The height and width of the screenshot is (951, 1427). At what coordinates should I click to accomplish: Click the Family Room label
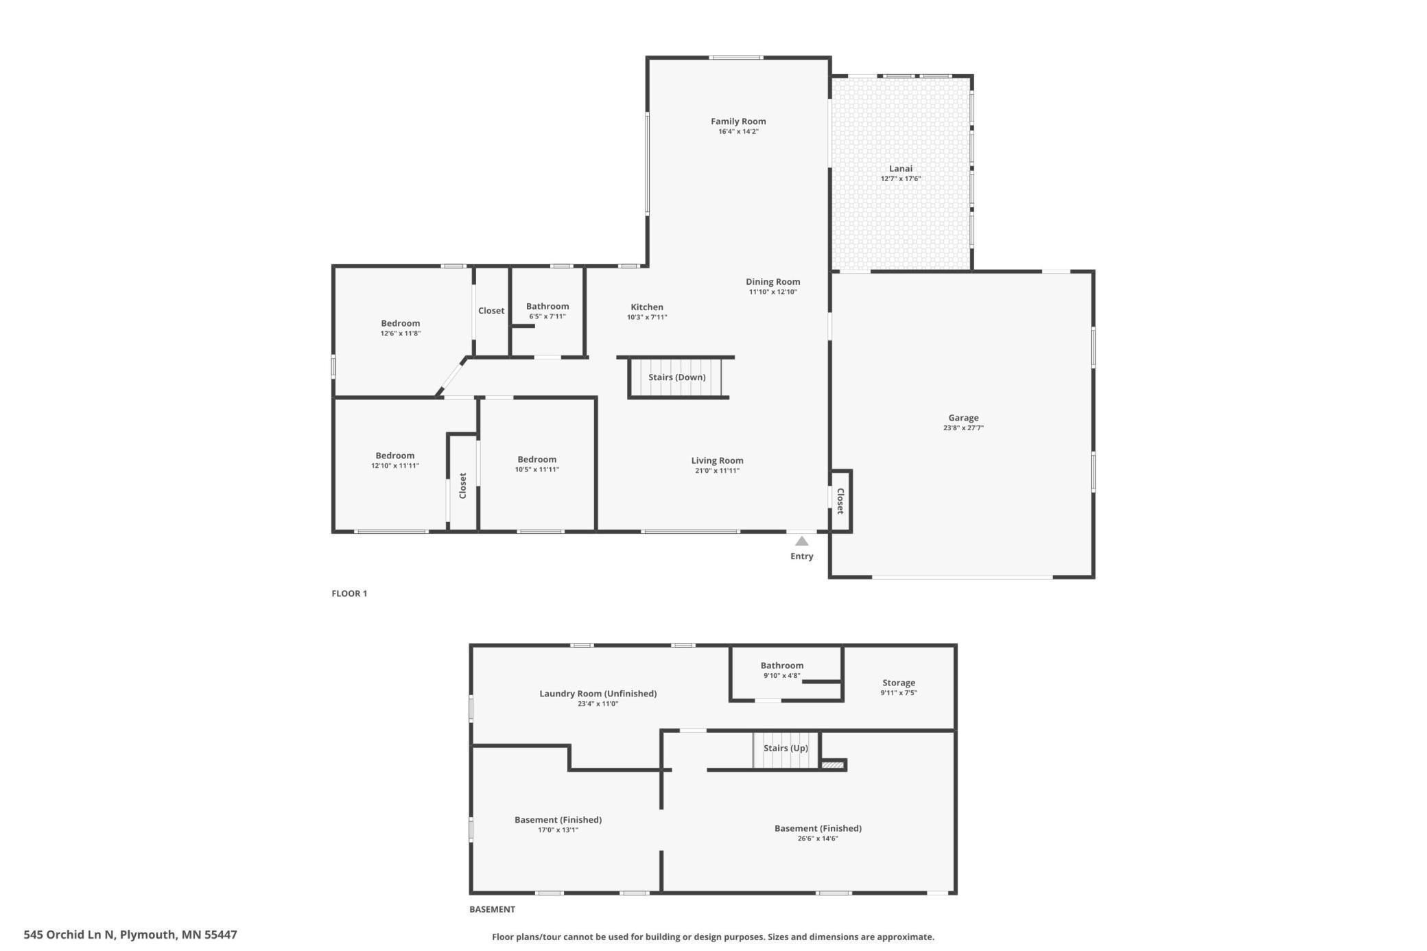(x=738, y=121)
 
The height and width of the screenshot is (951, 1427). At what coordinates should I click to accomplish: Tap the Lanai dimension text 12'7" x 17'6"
(x=901, y=179)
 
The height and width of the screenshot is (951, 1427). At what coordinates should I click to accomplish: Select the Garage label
(x=963, y=417)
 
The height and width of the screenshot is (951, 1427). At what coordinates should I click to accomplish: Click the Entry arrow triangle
(x=801, y=541)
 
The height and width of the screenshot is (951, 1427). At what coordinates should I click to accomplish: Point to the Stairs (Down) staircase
(x=676, y=377)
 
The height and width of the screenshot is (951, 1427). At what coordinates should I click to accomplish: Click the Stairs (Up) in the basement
(x=786, y=749)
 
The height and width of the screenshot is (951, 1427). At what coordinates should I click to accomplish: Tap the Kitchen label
(x=646, y=307)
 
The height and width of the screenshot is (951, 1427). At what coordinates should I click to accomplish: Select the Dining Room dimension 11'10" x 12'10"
(x=773, y=292)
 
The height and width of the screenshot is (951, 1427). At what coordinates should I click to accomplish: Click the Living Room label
(x=717, y=460)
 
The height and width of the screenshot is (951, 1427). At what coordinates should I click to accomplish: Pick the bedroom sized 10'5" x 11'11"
(x=536, y=465)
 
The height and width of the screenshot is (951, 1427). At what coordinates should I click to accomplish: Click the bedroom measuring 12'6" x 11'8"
(x=400, y=328)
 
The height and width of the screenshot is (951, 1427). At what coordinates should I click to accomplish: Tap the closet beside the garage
(x=840, y=501)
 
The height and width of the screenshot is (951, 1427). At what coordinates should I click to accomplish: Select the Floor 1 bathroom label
(x=547, y=307)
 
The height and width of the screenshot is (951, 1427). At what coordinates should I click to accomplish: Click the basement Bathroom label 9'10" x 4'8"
(x=781, y=666)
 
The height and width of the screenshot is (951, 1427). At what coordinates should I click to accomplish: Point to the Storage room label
(x=898, y=683)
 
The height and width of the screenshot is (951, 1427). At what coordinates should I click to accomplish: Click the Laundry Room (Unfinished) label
(x=598, y=694)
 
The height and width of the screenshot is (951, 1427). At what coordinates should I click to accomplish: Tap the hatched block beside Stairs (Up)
(x=832, y=765)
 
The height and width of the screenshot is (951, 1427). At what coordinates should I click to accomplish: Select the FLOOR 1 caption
(x=349, y=594)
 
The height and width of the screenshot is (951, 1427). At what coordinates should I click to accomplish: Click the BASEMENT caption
(x=492, y=909)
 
